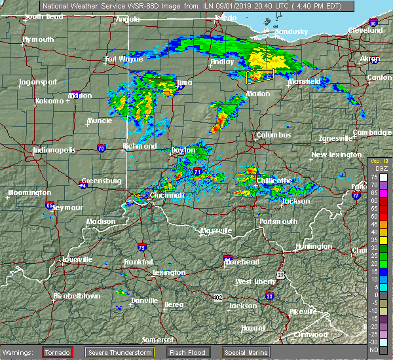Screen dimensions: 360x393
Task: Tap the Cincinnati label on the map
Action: (166, 195)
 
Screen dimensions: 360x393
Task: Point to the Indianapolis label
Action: (56, 151)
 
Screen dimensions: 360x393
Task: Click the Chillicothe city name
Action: (273, 180)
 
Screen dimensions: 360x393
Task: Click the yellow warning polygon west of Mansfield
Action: (259, 77)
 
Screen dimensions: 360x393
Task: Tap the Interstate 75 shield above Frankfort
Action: (142, 247)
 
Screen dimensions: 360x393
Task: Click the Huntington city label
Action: (314, 246)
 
